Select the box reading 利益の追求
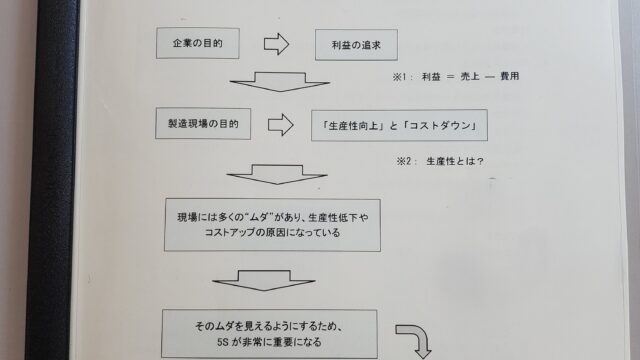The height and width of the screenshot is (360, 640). pos(354,46)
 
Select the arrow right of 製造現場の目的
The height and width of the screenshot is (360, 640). pos(281,126)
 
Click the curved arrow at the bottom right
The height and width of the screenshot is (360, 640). pos(414,338)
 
